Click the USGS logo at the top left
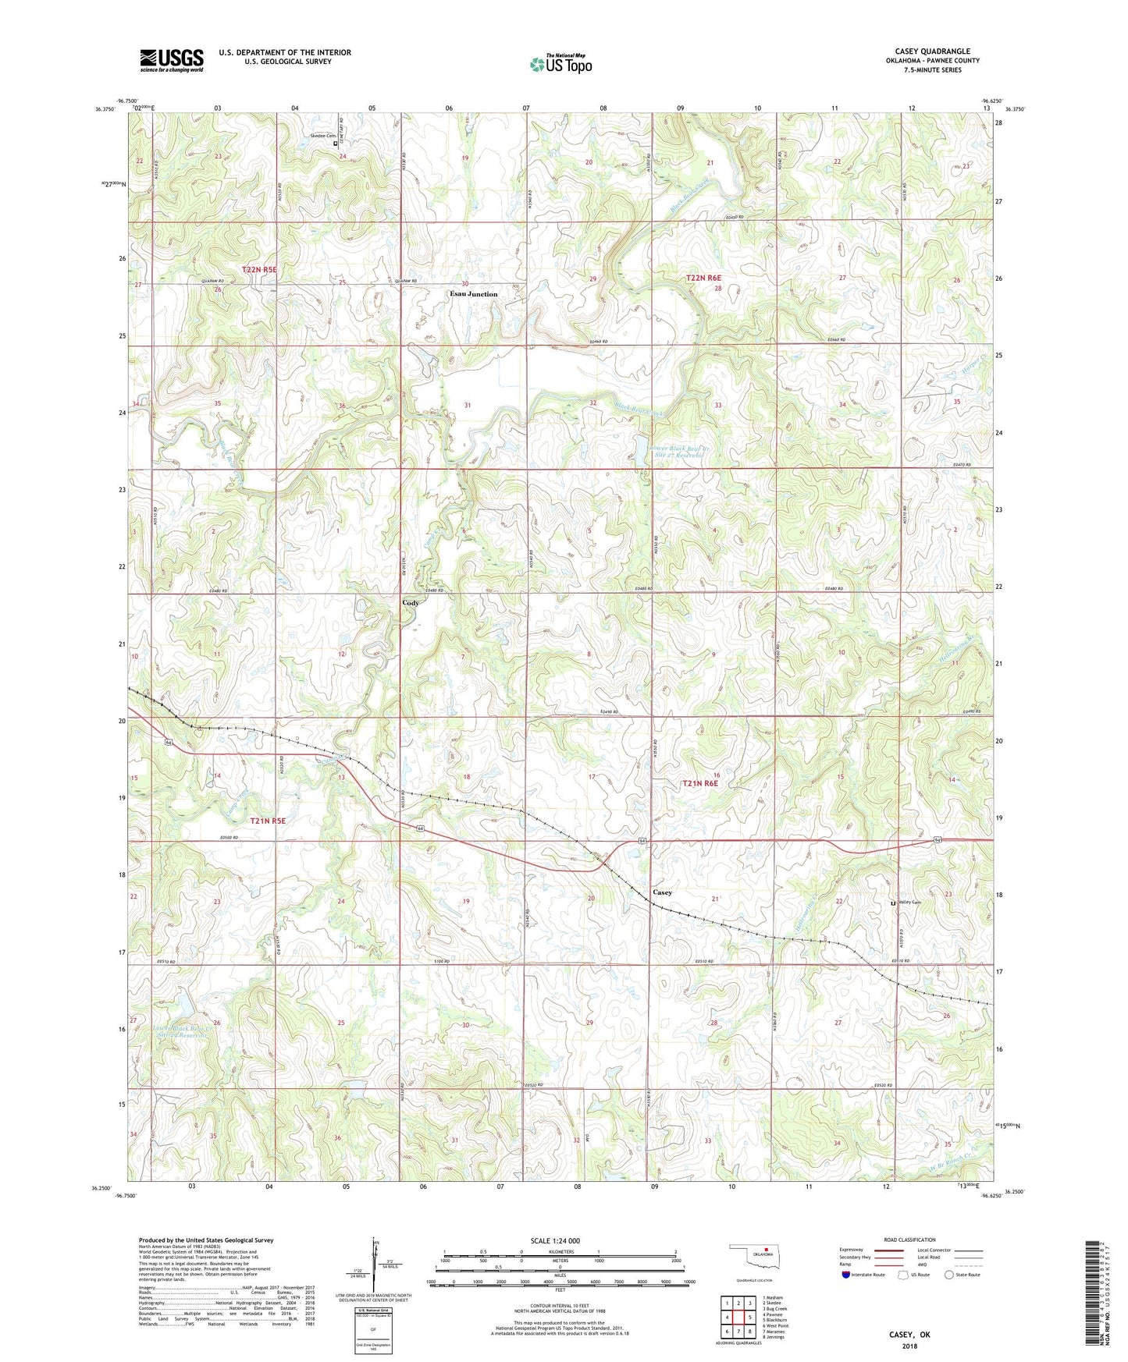[172, 59]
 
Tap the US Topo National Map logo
[560, 64]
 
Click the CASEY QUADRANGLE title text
[932, 51]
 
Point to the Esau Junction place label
[473, 294]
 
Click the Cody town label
[411, 603]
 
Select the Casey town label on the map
[662, 892]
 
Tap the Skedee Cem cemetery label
[321, 136]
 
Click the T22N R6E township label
[704, 278]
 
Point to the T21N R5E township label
[269, 821]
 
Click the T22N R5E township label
[259, 269]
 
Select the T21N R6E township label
[700, 783]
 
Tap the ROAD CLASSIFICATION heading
[909, 1240]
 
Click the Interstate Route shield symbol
[847, 1275]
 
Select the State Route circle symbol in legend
[948, 1275]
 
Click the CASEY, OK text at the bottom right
[909, 1335]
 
